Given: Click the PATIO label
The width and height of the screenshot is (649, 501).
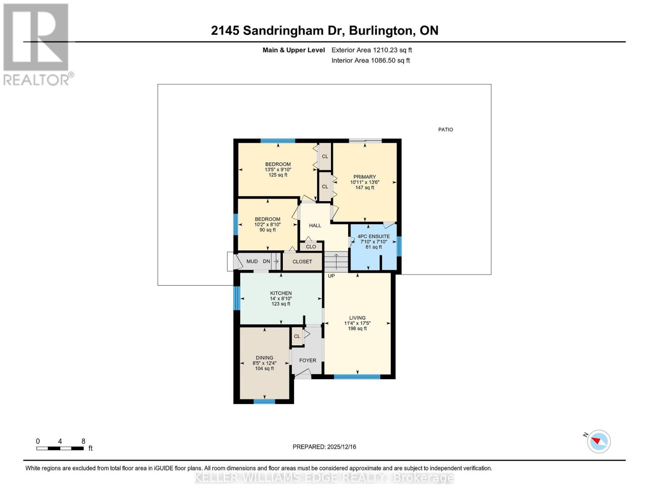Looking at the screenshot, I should [x=445, y=129].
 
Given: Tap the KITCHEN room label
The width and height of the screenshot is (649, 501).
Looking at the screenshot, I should [x=281, y=293].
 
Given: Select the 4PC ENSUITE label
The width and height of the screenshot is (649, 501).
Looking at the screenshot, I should [x=374, y=236].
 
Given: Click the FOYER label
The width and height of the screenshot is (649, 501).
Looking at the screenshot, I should [x=308, y=360].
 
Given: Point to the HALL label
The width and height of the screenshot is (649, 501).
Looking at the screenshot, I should [x=315, y=225].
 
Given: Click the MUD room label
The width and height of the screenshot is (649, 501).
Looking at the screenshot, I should [x=252, y=261].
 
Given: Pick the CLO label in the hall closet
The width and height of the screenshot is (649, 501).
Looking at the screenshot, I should [x=311, y=247].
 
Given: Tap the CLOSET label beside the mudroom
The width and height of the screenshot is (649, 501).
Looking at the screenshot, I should [x=302, y=262].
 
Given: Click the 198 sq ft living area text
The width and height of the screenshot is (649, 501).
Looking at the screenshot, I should [x=357, y=329].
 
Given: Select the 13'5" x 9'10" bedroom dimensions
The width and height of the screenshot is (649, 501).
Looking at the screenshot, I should [x=278, y=170].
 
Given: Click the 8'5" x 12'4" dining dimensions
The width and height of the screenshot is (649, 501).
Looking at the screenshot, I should [x=265, y=363].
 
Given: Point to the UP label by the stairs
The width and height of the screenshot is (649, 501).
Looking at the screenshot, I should [x=331, y=276].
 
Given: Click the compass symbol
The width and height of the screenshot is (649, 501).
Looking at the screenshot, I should [x=599, y=441].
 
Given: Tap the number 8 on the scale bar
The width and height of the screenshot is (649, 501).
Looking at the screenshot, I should [x=84, y=441].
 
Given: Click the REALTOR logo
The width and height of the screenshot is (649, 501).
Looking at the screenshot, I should [x=37, y=44].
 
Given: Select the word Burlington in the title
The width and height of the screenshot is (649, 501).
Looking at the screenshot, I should [x=380, y=30].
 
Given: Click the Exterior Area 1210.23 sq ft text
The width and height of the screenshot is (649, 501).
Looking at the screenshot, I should [x=372, y=50].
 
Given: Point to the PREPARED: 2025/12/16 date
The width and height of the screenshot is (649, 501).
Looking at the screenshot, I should [x=324, y=447].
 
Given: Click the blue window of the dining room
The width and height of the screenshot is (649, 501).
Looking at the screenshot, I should [x=265, y=402].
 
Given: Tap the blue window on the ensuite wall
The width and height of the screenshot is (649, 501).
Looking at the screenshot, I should [x=399, y=246].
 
